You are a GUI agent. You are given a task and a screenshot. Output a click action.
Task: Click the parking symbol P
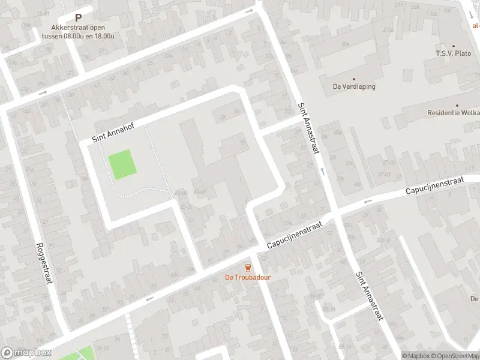tap(78, 19)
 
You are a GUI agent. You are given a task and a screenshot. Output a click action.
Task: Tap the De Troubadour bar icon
tap(246, 267)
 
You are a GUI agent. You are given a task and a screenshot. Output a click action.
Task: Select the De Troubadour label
tap(246, 277)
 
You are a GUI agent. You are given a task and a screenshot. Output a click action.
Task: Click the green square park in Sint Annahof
tap(122, 164)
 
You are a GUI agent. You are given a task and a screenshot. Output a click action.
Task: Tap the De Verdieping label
tap(354, 86)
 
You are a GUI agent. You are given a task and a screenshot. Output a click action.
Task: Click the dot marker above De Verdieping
tap(354, 79)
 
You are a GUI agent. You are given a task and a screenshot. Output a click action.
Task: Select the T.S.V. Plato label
tap(453, 53)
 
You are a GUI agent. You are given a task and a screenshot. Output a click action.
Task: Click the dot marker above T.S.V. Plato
tap(453, 46)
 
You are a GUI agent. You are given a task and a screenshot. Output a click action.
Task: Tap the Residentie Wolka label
tap(453, 113)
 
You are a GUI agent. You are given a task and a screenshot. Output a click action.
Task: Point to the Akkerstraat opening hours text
tap(78, 31)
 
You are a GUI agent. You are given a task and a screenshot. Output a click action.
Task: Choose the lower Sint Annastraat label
tap(368, 296)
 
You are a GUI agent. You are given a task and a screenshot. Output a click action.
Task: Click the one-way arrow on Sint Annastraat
tap(323, 172)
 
